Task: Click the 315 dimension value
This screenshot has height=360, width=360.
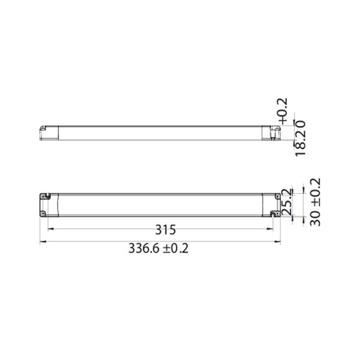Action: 165,230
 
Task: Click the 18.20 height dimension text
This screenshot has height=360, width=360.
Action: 300,138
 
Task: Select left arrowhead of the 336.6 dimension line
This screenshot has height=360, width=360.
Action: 41,242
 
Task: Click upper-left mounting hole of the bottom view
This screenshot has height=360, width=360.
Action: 44,196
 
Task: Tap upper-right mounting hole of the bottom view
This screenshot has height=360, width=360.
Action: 276,196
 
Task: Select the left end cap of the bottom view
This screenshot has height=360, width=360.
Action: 47,204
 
